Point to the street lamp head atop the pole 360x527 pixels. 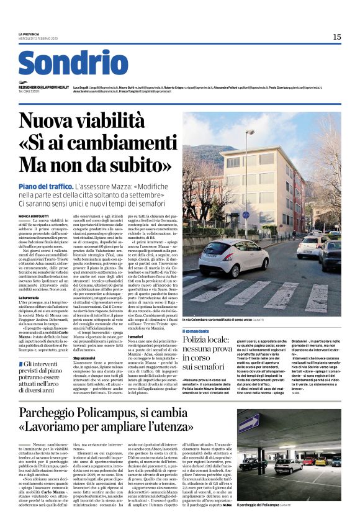(249, 132)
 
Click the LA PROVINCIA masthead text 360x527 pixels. (29, 34)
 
